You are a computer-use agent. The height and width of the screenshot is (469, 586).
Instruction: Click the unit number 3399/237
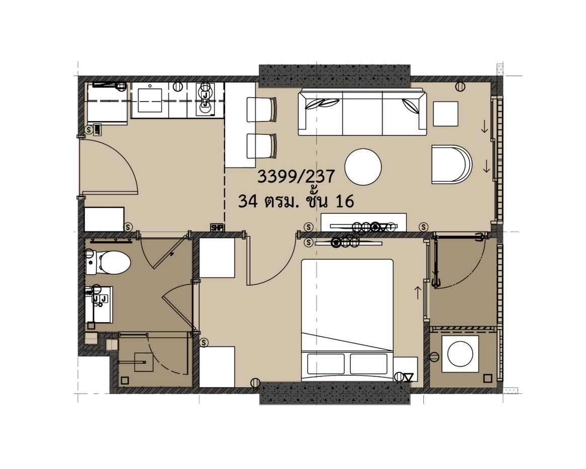coord(296,177)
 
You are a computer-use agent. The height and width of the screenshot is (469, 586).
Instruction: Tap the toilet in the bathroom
coord(109,262)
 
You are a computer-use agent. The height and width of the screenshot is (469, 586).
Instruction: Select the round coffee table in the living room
coord(363,167)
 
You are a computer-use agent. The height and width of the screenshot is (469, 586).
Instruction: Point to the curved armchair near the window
coord(452,165)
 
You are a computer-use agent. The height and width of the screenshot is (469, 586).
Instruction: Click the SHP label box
coord(216,227)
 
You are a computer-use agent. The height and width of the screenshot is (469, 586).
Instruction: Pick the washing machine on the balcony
coord(460,354)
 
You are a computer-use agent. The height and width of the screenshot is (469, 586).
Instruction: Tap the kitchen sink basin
coord(150,100)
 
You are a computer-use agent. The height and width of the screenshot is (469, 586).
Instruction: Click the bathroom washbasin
coord(99,304)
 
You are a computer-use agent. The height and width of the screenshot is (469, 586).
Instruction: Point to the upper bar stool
coord(262,109)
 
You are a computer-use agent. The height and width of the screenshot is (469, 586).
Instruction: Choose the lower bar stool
coord(262,146)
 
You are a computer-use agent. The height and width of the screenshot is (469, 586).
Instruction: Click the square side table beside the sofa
coord(446,114)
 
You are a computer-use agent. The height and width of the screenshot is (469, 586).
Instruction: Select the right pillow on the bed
coord(369,364)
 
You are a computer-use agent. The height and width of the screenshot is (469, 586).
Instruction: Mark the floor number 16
coord(345,201)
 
